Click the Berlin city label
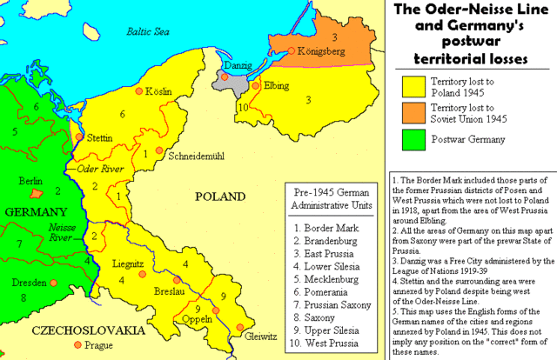coord(30,181)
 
